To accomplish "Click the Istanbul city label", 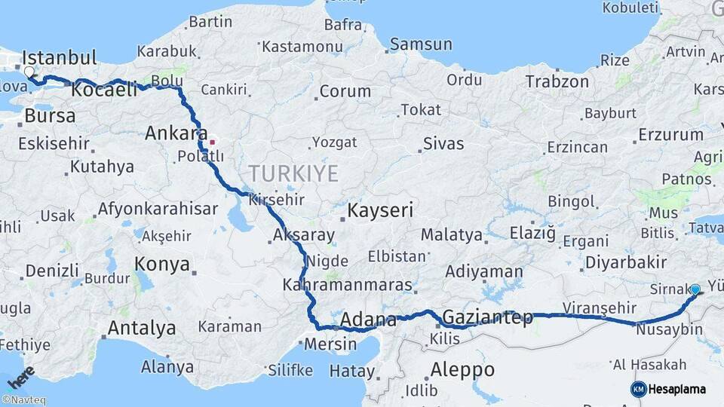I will [60, 58].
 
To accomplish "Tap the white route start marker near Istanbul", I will [29, 72].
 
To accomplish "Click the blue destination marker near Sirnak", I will [695, 289].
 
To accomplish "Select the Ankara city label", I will [176, 133].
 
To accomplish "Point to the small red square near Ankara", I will [212, 141].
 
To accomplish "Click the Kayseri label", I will [380, 210].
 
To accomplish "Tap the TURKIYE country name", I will [294, 174].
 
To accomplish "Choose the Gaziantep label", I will [488, 317].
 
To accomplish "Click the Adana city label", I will [368, 320].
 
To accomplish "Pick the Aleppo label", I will [462, 370].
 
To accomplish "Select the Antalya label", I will [142, 329].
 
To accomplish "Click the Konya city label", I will [161, 264].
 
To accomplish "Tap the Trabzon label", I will [557, 81].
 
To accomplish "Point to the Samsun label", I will [421, 44].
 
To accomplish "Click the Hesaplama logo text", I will [679, 389].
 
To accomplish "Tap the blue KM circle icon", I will [639, 389].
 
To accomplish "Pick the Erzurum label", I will [670, 135].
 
